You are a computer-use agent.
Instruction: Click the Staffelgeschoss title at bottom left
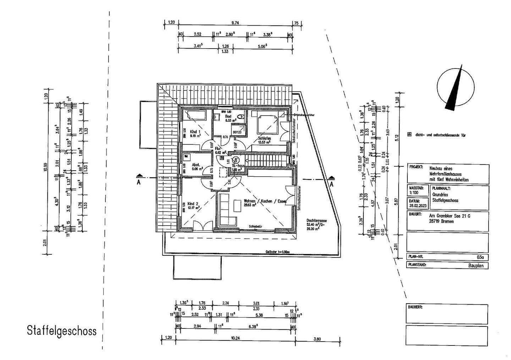pyautogui.click(x=62, y=331)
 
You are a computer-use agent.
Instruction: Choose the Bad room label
pyautogui.click(x=228, y=116)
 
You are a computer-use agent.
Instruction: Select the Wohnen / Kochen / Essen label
pyautogui.click(x=265, y=201)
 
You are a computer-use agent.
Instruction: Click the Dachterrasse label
pyautogui.click(x=317, y=220)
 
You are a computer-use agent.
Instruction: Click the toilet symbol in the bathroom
pyautogui.click(x=241, y=116)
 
